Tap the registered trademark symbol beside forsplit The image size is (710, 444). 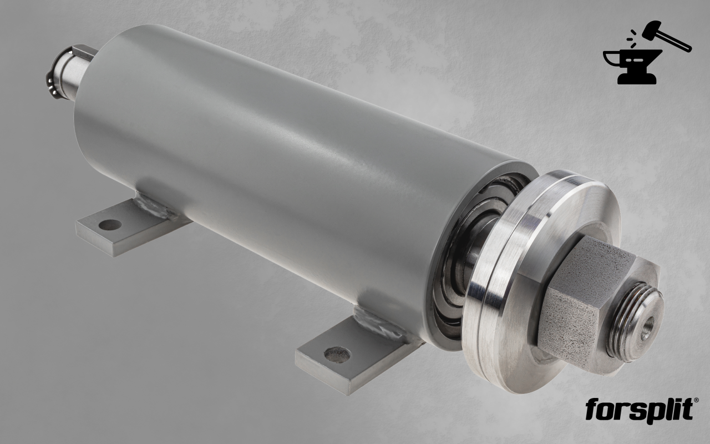[696, 400]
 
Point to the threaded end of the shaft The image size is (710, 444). [636, 322]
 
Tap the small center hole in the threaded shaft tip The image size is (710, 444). [647, 328]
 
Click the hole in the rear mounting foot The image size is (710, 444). [110, 225]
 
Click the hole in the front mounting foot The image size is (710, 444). [337, 355]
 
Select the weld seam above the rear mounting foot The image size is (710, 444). [155, 205]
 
